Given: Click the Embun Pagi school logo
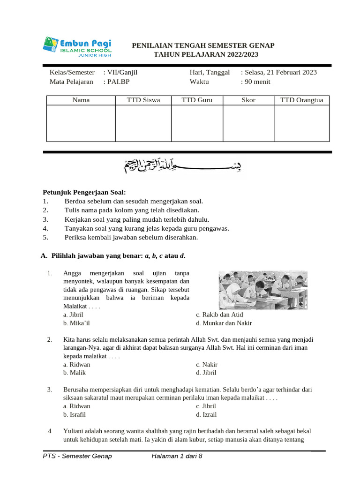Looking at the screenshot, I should (x=77, y=46).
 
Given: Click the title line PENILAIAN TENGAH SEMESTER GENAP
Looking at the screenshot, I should (x=203, y=45).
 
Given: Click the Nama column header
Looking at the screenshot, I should (x=81, y=100).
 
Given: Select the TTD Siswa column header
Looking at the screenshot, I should (x=143, y=100).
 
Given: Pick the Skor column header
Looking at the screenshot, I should (x=248, y=100).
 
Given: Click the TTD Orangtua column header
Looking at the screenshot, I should (x=301, y=100).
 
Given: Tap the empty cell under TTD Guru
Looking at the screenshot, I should (x=197, y=123).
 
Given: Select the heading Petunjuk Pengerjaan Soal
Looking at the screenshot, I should (x=84, y=192).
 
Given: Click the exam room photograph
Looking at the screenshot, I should (x=263, y=290).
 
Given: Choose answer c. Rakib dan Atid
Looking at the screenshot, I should (x=219, y=315).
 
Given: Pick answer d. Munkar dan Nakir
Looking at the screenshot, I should (x=224, y=323).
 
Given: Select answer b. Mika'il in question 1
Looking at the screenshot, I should (x=76, y=323).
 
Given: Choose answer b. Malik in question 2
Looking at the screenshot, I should (x=75, y=373).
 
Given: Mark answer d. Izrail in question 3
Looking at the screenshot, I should (x=206, y=414).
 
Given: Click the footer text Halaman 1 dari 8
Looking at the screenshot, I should (x=177, y=456).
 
